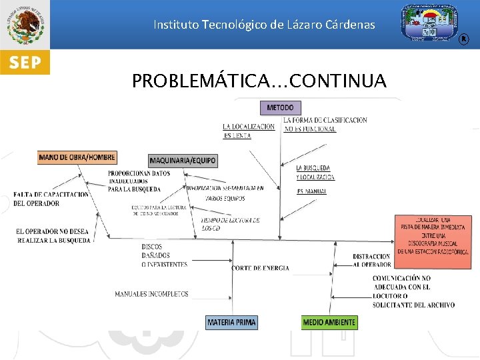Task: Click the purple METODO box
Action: click(280, 107)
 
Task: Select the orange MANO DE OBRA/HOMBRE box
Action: click(77, 158)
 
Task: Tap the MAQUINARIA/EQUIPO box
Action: click(183, 161)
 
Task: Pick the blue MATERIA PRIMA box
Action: click(231, 323)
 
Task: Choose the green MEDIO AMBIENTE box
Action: click(329, 323)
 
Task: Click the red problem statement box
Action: click(433, 236)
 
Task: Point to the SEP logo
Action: click(25, 63)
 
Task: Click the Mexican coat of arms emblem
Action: click(25, 25)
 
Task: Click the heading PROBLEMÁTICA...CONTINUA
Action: click(259, 81)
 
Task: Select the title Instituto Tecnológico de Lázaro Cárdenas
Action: click(264, 25)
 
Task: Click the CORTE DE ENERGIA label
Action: click(261, 268)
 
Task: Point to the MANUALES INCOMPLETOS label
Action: click(151, 294)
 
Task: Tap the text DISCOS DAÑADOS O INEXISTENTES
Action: click(164, 255)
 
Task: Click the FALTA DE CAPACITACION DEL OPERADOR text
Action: click(51, 199)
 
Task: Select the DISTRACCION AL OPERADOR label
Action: click(371, 261)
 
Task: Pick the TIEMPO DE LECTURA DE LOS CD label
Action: click(230, 224)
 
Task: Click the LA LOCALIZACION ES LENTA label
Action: click(248, 131)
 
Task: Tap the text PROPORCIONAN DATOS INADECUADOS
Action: click(138, 181)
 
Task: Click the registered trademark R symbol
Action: click(464, 40)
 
